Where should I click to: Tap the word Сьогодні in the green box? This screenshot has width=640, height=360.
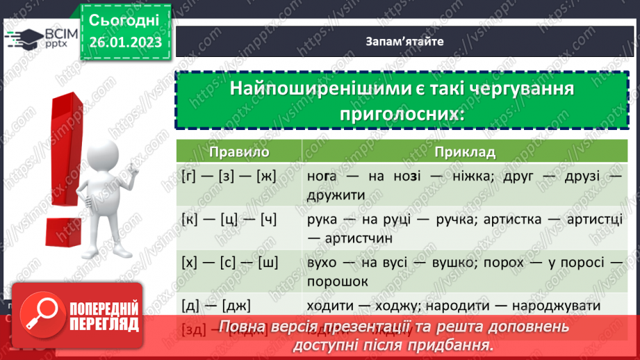click(124, 19)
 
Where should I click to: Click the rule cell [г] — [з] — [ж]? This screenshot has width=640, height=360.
click(229, 177)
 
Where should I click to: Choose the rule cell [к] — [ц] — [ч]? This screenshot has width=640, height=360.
click(229, 220)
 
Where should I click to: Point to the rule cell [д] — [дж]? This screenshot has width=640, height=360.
click(216, 305)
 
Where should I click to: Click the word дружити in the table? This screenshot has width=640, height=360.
click(336, 195)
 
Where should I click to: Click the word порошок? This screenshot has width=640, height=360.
click(336, 281)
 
